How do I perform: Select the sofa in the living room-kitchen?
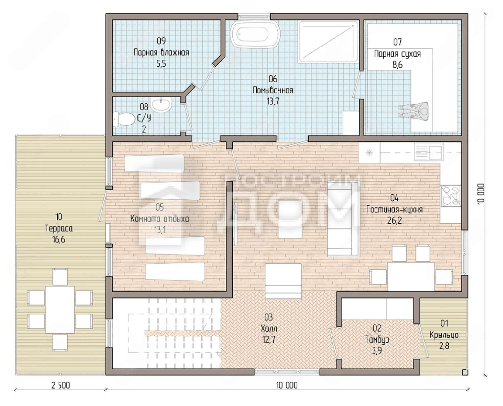[x=343, y=219]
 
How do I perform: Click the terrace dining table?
[x=60, y=309]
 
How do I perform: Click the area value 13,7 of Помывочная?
[x=273, y=101]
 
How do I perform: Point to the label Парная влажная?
[x=161, y=52]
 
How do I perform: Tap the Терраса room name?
[x=59, y=228]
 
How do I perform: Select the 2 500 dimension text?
[x=61, y=385]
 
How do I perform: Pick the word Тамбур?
[x=377, y=339]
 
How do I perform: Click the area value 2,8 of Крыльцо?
[x=444, y=346]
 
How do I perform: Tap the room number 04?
[x=394, y=198]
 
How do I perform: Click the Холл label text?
[x=269, y=328]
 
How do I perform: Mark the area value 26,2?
[x=394, y=220]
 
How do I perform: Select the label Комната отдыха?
[x=160, y=219]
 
